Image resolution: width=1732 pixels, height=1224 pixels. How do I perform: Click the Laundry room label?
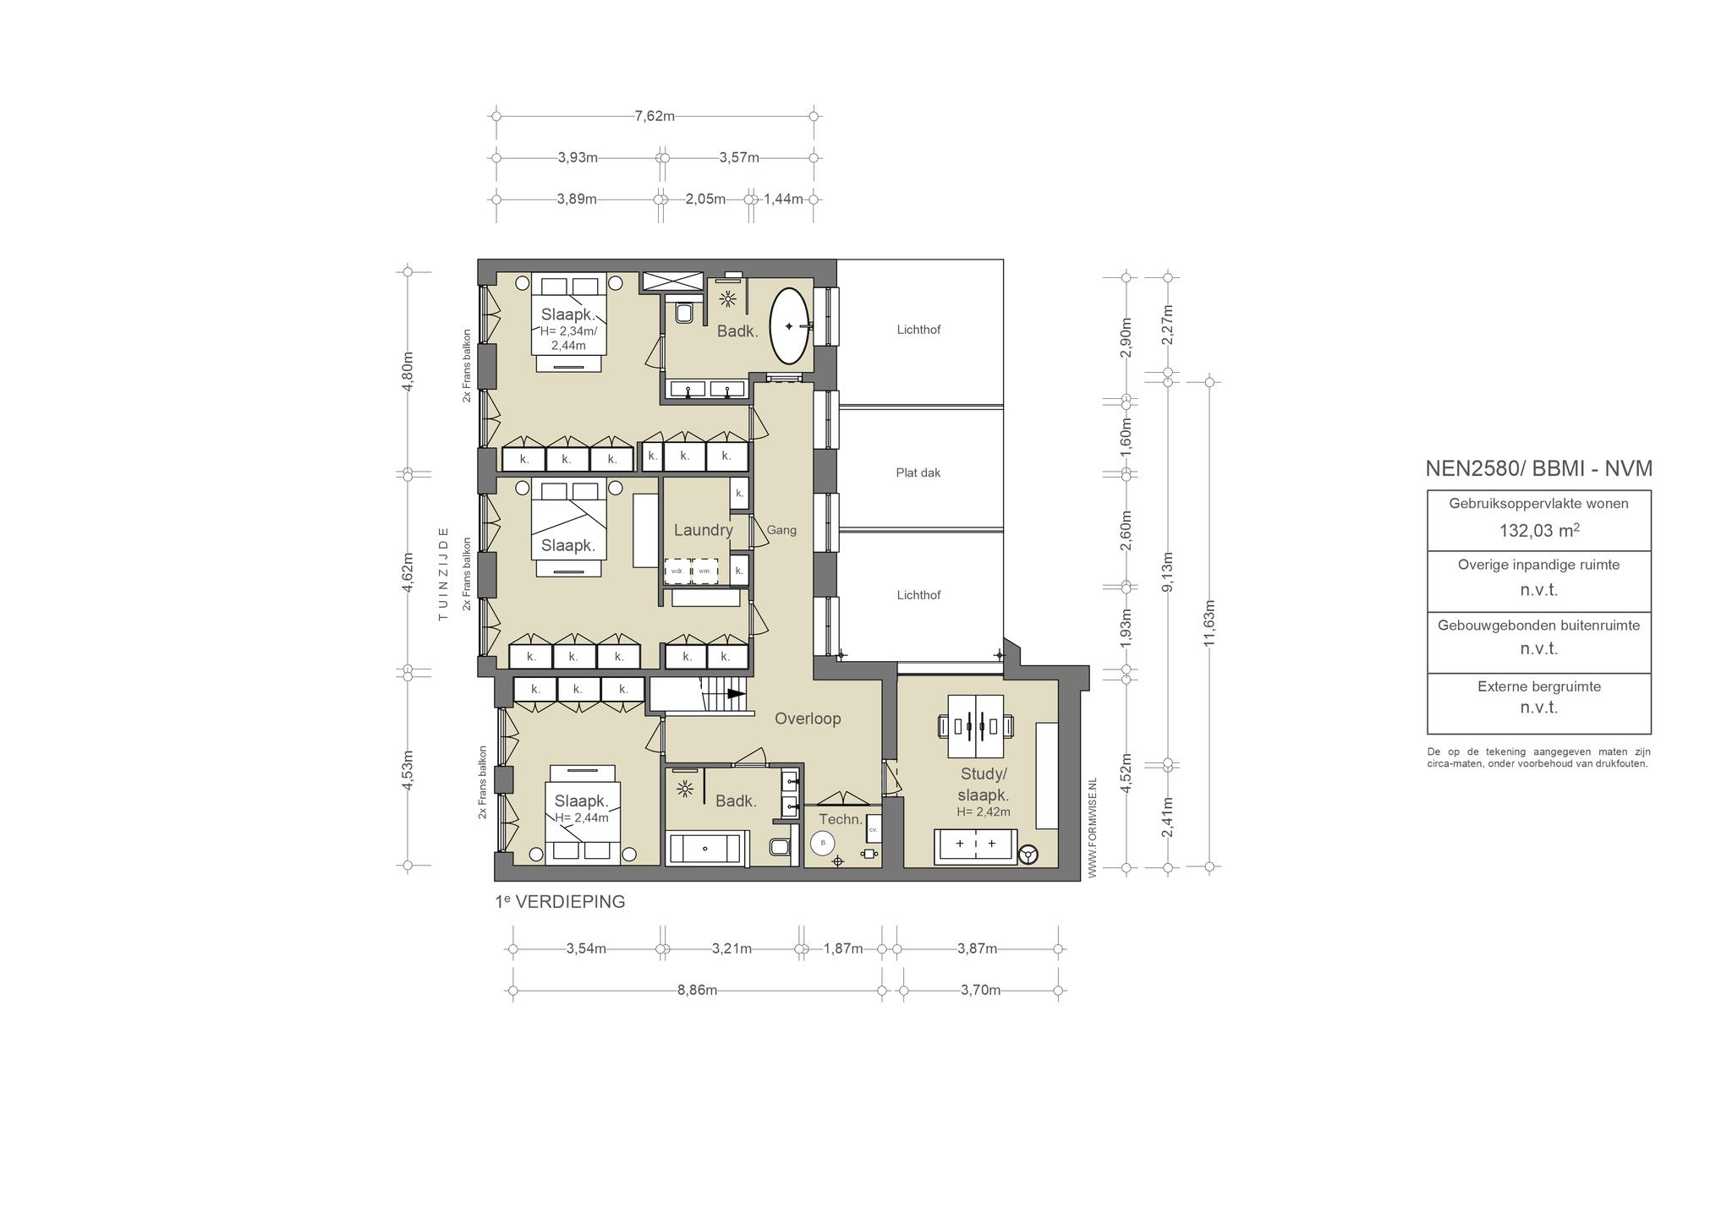pos(703,531)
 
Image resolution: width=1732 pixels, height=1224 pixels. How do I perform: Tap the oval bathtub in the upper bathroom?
pos(790,326)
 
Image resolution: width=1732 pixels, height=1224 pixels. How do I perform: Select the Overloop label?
pos(808,719)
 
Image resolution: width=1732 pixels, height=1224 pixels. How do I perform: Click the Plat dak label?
pos(918,473)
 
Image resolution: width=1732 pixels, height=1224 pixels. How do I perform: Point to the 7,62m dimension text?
pos(655,116)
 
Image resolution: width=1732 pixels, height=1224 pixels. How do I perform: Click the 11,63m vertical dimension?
pos(1209,624)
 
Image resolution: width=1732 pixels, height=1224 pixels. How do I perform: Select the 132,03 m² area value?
pos(1539,530)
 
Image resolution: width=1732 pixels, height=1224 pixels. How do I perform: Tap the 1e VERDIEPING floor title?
pos(560,902)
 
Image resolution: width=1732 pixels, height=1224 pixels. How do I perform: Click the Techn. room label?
pos(841,819)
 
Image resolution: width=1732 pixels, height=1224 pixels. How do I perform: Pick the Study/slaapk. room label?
pos(984,784)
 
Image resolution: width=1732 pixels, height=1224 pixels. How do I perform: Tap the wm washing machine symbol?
pos(704,571)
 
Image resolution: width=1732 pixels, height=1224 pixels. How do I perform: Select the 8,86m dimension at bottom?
pos(697,990)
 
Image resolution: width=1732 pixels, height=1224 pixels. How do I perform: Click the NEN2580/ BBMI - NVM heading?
pos(1539,469)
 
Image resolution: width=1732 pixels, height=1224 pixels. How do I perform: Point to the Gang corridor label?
pos(781,531)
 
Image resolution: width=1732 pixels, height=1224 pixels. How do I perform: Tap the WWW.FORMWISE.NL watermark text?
pos(1092,828)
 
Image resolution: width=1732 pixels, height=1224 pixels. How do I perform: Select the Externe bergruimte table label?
pos(1539,686)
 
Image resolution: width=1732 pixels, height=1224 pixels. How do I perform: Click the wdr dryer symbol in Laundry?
pos(677,571)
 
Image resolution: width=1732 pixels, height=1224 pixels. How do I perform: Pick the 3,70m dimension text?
pos(981,990)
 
